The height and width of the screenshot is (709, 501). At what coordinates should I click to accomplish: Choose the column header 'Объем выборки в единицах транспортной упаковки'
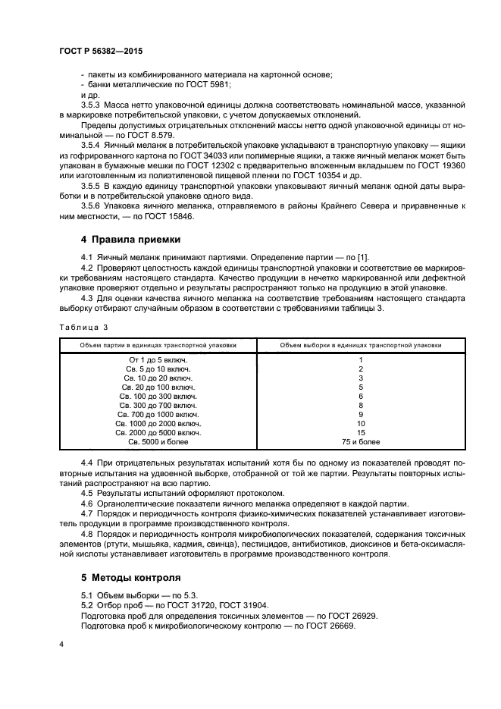coord(361,344)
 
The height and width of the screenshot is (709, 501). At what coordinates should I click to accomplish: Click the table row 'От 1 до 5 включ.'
coord(158,359)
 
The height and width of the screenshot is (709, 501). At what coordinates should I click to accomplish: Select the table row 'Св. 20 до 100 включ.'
coord(158,387)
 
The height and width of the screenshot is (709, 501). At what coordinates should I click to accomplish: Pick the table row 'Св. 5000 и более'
coord(158,441)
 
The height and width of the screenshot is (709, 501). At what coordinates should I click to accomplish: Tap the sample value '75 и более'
coord(361,441)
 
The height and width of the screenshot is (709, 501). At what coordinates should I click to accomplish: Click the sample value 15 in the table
coord(361,432)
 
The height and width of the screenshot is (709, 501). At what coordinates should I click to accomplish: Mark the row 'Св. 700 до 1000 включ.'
coord(158,414)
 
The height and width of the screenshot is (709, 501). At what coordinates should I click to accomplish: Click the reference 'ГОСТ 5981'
coord(208,84)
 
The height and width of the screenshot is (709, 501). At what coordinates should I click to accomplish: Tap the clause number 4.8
coord(86,534)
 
